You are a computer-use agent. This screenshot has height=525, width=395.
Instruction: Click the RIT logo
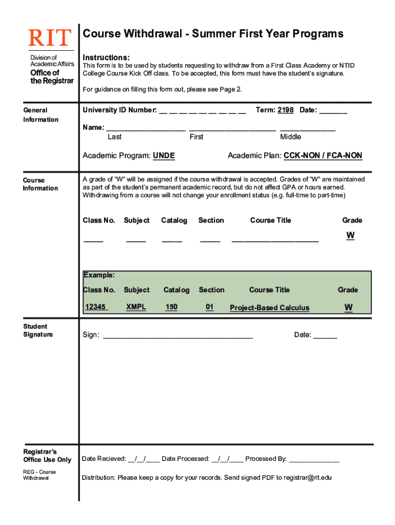pyautogui.click(x=50, y=37)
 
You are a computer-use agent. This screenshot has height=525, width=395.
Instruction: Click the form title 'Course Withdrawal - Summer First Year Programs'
pyautogui.click(x=213, y=34)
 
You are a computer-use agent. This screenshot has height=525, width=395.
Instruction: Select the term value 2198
pyautogui.click(x=285, y=110)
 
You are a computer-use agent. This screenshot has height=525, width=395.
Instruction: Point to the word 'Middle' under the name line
pyautogui.click(x=290, y=137)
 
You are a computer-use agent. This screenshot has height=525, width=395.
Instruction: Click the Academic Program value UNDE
pyautogui.click(x=164, y=156)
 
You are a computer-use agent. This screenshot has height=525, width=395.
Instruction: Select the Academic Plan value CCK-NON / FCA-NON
pyautogui.click(x=323, y=156)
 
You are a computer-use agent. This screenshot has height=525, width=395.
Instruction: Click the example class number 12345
pyautogui.click(x=96, y=307)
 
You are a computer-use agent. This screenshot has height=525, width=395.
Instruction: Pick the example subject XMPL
pyautogui.click(x=136, y=307)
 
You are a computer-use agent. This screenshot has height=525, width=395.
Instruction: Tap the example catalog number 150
pyautogui.click(x=171, y=307)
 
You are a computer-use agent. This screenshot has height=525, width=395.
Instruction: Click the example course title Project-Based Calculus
pyautogui.click(x=269, y=308)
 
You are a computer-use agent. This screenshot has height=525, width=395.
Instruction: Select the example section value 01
pyautogui.click(x=209, y=307)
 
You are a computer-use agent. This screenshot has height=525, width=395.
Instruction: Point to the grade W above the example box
pyautogui.click(x=350, y=235)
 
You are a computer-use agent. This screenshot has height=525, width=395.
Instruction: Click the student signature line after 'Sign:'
pyautogui.click(x=178, y=337)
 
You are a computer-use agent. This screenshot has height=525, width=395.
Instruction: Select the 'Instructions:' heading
pyautogui.click(x=106, y=57)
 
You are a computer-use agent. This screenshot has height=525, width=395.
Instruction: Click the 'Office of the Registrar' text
pyautogui.click(x=52, y=77)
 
